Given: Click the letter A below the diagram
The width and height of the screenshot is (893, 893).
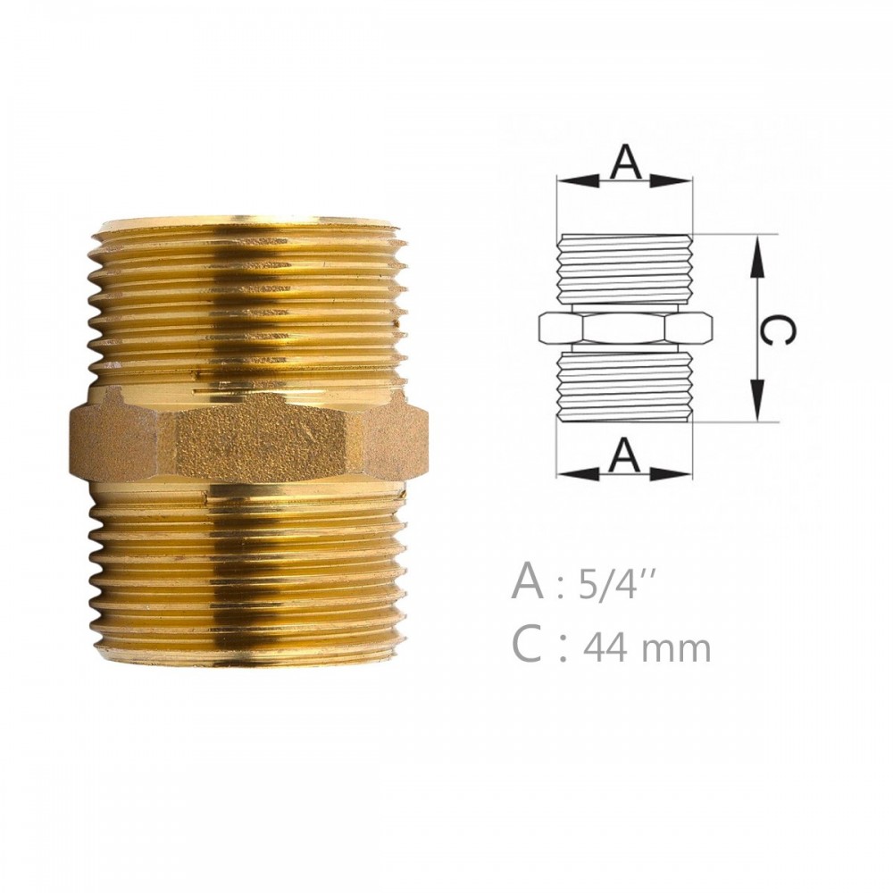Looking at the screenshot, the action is coord(625,455).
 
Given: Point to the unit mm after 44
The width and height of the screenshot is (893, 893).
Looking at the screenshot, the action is coord(677,651).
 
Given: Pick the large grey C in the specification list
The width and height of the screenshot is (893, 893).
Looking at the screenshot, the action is coord(528,647).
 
